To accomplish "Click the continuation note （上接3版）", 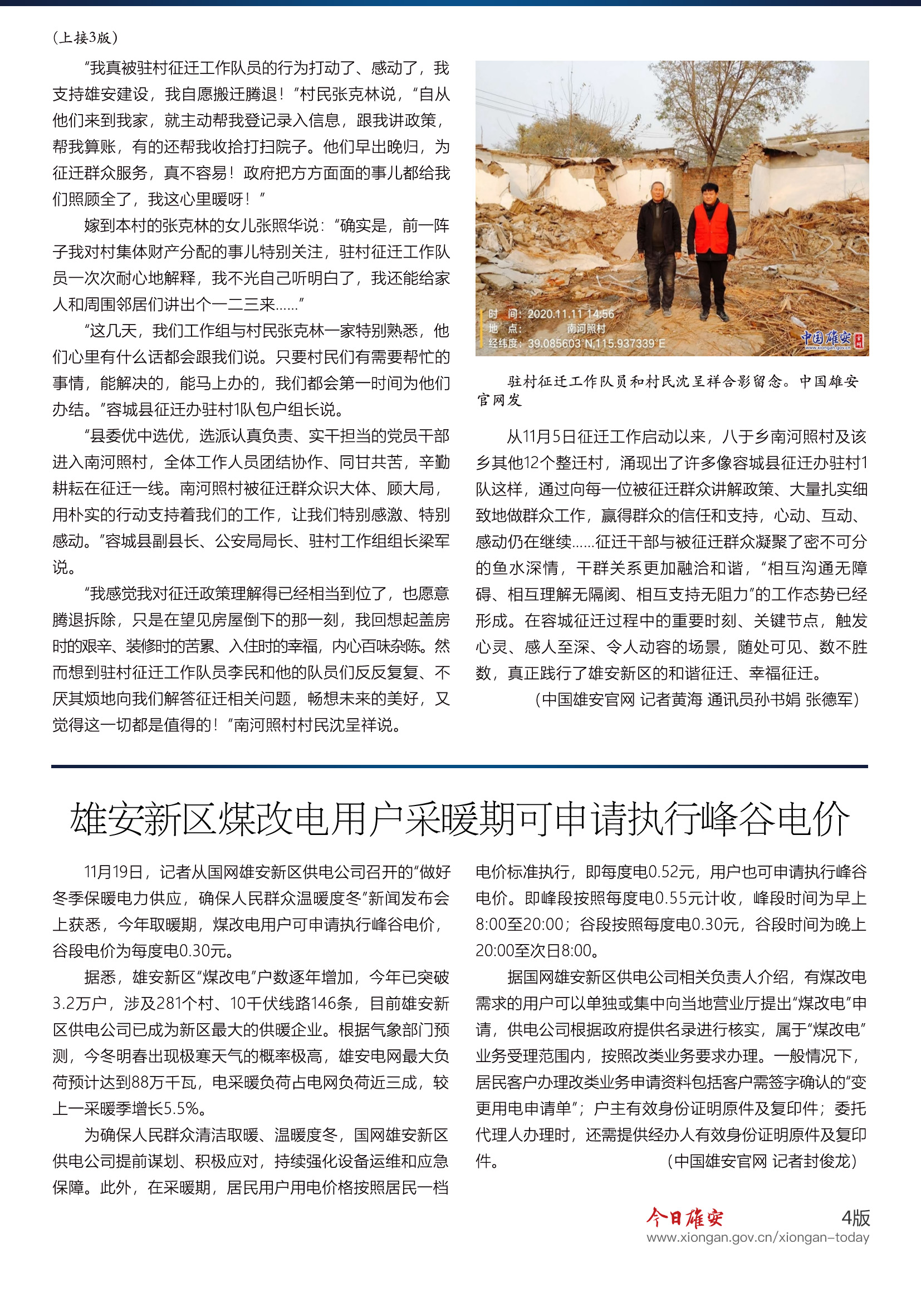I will [85, 38].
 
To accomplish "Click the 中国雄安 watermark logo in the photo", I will [831, 339].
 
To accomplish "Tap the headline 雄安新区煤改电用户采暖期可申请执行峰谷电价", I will [459, 819].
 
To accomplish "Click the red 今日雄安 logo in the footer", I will [684, 1217].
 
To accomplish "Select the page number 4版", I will [855, 1217].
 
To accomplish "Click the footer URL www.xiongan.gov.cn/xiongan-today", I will [758, 1237].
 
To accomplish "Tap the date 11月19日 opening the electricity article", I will [113, 872].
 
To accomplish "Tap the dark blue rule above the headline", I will [459, 767].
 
